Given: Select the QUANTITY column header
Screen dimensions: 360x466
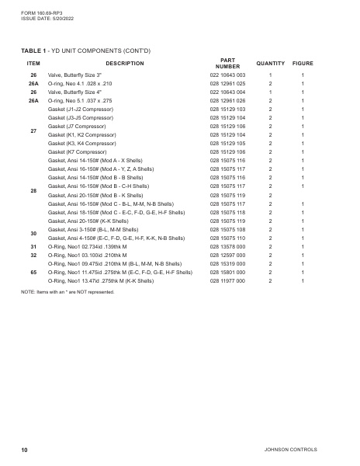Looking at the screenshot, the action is click(270, 63).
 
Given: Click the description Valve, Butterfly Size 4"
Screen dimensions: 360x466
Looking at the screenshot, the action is click(76, 92).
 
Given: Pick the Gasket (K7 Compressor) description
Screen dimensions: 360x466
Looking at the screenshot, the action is click(80, 152).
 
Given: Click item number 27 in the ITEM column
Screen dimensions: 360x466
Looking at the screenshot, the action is click(33, 130).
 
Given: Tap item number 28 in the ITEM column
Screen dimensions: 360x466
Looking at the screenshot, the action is click(33, 190).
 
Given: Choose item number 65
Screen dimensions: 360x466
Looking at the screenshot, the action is click(33, 273).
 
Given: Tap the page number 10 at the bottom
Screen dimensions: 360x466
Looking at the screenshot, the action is click(25, 450).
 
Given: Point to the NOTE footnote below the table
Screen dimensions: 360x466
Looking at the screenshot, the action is click(67, 292).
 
